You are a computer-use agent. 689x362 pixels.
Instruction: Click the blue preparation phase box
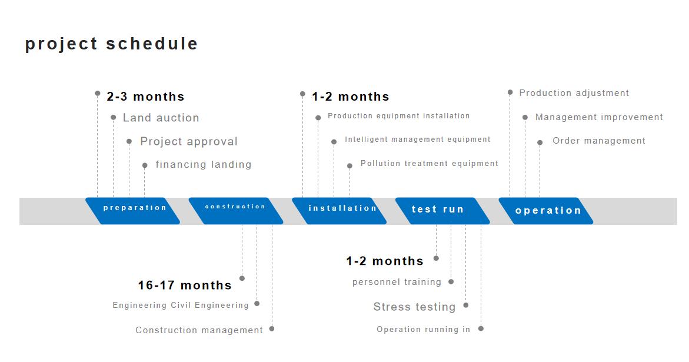coord(133,211)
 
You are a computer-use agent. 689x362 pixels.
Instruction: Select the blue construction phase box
coord(236,211)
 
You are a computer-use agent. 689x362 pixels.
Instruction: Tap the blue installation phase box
coord(339,211)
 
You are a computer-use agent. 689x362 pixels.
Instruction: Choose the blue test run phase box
coord(442,211)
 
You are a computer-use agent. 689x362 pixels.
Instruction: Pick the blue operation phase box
coord(546,211)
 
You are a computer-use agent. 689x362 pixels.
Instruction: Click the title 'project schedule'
coord(112,44)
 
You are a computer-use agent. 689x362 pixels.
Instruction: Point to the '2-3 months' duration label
coord(145,97)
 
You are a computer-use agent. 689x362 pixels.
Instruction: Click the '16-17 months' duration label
coord(185,285)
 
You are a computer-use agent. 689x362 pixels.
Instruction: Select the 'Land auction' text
coord(161,118)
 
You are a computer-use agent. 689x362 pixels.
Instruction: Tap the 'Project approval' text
coord(189,141)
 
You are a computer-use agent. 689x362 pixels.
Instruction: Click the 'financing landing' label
coord(204,164)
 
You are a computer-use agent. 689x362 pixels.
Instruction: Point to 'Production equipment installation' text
coord(398,116)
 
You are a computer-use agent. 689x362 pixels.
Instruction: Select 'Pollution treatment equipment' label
coord(430,164)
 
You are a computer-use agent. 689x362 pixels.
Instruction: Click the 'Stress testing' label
coord(414,307)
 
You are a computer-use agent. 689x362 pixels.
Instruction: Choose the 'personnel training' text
coord(397,282)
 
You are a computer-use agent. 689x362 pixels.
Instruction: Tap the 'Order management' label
coord(599,141)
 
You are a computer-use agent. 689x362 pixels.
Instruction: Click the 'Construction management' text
coord(199,330)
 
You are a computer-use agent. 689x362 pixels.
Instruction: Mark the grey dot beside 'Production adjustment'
coord(510,92)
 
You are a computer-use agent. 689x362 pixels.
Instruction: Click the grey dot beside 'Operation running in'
coord(481,328)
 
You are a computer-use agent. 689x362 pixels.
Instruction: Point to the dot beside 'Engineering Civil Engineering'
coord(257,304)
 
